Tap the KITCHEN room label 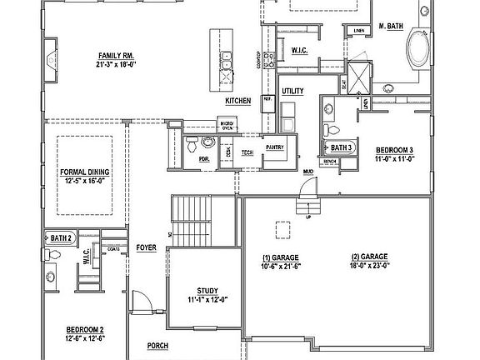(x=237, y=101)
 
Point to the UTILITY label (x=292, y=90)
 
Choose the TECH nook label (x=247, y=153)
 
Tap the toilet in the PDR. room (x=191, y=141)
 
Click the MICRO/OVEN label (x=226, y=126)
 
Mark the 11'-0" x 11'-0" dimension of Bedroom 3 (x=394, y=157)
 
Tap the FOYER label (x=147, y=247)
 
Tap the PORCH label (x=158, y=345)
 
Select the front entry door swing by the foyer (x=143, y=301)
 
